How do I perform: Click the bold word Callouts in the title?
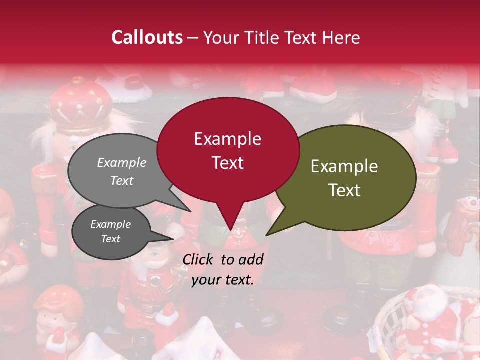pyautogui.click(x=147, y=37)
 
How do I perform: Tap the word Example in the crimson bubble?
pyautogui.click(x=227, y=139)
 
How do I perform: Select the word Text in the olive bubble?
pyautogui.click(x=345, y=190)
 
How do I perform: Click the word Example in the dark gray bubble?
pyautogui.click(x=110, y=224)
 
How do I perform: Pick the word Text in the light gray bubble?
pyautogui.click(x=122, y=181)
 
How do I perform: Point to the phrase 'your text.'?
pyautogui.click(x=223, y=280)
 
